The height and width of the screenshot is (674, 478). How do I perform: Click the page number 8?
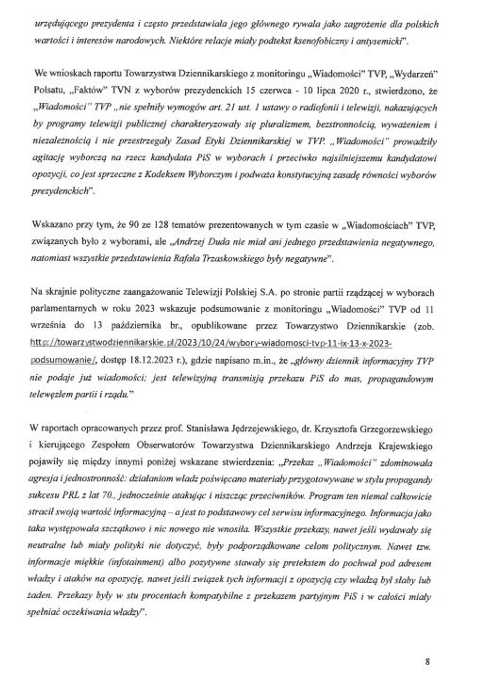(x=427, y=647)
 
